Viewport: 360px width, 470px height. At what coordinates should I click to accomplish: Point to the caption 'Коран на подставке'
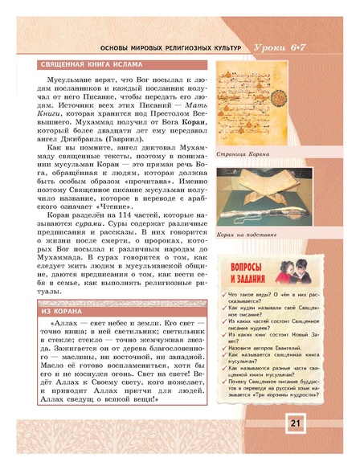[246, 235]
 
